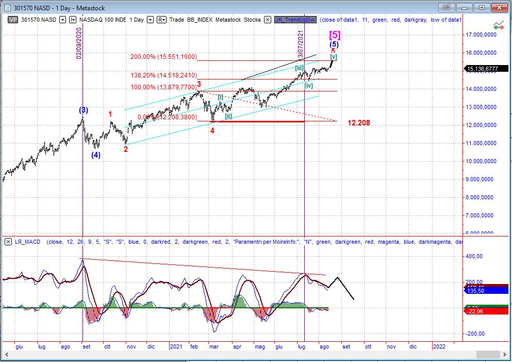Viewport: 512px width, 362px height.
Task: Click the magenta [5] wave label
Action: click(x=335, y=35)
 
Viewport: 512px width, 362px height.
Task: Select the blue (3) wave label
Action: click(x=83, y=110)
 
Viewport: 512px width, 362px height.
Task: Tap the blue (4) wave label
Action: click(x=96, y=154)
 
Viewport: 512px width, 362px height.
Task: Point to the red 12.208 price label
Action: click(x=358, y=123)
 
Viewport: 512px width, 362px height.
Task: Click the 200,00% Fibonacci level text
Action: click(x=163, y=57)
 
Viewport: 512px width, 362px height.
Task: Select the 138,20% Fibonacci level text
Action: click(x=163, y=75)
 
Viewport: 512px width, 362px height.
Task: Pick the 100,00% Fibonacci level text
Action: click(x=163, y=87)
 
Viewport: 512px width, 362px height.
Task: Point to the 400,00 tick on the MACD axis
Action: click(x=474, y=256)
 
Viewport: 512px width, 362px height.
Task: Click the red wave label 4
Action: click(x=212, y=130)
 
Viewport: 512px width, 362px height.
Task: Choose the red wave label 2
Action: click(x=125, y=149)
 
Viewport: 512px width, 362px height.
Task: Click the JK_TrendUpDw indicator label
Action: click(x=295, y=20)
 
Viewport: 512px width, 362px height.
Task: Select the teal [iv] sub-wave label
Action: click(x=308, y=85)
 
